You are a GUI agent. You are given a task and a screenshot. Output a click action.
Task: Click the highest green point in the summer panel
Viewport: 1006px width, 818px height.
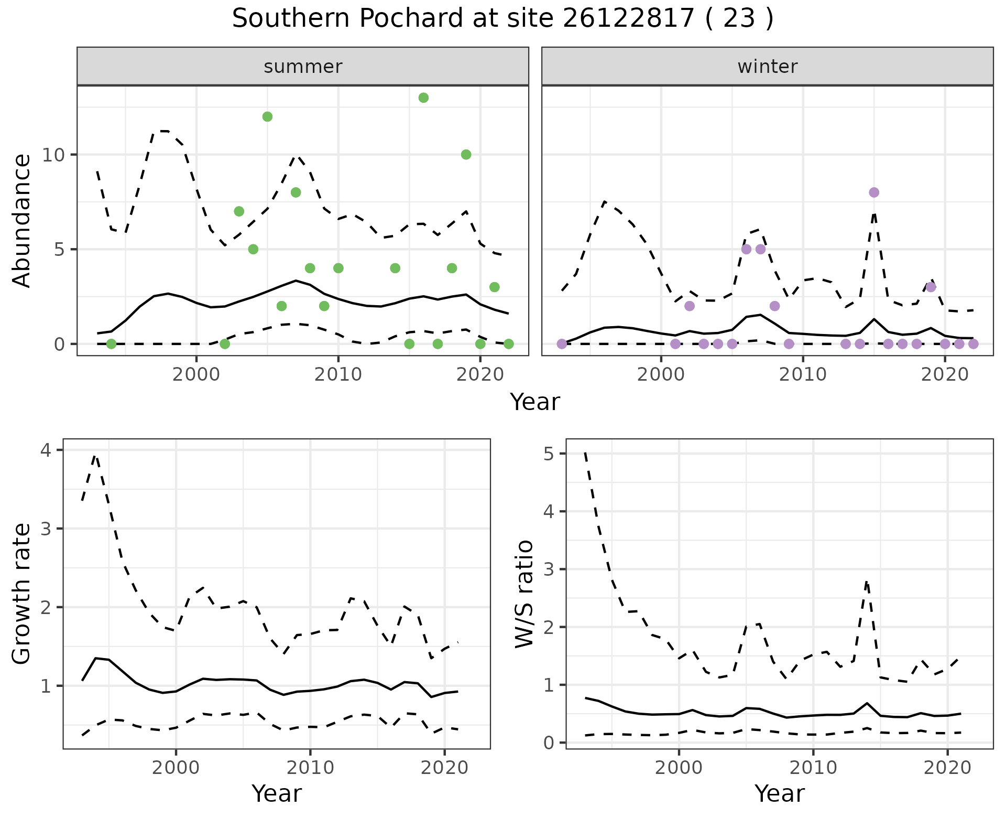point(423,98)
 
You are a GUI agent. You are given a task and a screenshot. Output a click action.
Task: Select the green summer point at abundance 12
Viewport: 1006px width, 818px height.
point(267,116)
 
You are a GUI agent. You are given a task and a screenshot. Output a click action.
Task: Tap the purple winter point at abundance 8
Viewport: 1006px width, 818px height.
point(873,192)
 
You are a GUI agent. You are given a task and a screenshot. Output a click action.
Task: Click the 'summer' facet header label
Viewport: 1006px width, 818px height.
point(303,67)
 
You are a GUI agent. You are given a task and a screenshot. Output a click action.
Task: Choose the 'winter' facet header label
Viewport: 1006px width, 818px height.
point(767,67)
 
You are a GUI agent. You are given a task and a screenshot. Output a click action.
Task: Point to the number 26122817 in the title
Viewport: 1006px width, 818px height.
point(628,19)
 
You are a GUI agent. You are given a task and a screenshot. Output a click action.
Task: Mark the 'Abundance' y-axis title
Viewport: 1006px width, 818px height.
point(22,220)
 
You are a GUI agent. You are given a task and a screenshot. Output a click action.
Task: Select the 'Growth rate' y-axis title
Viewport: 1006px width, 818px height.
point(22,594)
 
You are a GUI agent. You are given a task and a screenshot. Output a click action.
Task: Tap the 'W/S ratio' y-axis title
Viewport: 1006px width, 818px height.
point(524,594)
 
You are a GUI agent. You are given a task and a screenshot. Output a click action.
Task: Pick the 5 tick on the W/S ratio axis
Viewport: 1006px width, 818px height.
point(549,454)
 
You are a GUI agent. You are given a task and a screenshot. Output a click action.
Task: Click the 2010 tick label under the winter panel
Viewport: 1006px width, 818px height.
point(803,374)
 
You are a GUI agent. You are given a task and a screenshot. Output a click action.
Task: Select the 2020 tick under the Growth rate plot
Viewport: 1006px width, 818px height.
point(444,768)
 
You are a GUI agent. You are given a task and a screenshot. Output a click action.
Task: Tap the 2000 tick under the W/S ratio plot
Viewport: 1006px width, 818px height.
point(679,768)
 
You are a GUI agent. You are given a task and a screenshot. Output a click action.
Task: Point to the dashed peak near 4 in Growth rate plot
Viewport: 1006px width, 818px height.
point(95,456)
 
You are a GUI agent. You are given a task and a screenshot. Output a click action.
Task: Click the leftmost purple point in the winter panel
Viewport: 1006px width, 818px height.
point(562,344)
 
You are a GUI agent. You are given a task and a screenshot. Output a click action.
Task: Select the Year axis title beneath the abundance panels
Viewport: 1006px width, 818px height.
point(534,402)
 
